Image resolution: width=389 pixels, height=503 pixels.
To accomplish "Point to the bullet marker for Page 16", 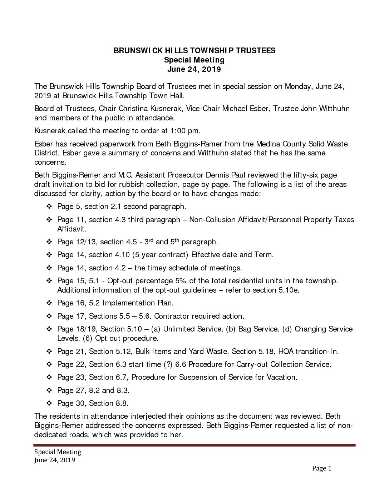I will (49, 303).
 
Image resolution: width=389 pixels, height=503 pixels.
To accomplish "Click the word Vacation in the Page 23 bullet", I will (282, 377).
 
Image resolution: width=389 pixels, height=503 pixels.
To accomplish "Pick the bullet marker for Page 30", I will (49, 403).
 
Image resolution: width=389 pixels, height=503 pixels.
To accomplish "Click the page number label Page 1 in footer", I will (322, 468).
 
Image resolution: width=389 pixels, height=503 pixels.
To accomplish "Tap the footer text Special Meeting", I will (58, 452).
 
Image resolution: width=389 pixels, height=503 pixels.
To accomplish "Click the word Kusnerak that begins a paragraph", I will (49, 131).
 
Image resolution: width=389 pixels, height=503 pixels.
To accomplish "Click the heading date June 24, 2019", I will (194, 69).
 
